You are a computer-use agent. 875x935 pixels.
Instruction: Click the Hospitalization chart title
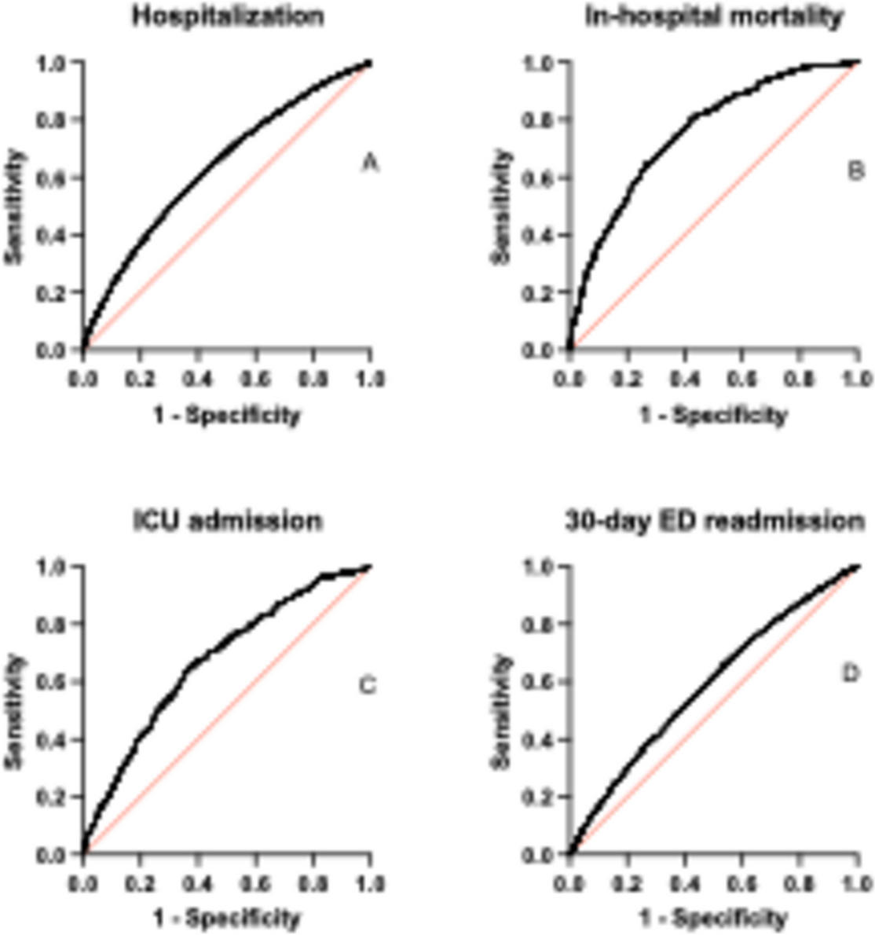click(x=227, y=17)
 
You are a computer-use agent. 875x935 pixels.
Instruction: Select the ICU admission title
click(x=227, y=520)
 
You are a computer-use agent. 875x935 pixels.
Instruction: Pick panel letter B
click(x=855, y=169)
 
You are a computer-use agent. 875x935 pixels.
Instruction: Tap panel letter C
click(x=368, y=686)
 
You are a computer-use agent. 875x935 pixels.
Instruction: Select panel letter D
click(x=851, y=674)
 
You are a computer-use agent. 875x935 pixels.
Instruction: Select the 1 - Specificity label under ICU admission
click(x=227, y=917)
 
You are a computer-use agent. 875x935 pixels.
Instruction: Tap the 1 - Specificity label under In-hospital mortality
click(x=713, y=415)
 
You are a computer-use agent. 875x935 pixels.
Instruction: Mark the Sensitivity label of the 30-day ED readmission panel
click(x=503, y=711)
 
